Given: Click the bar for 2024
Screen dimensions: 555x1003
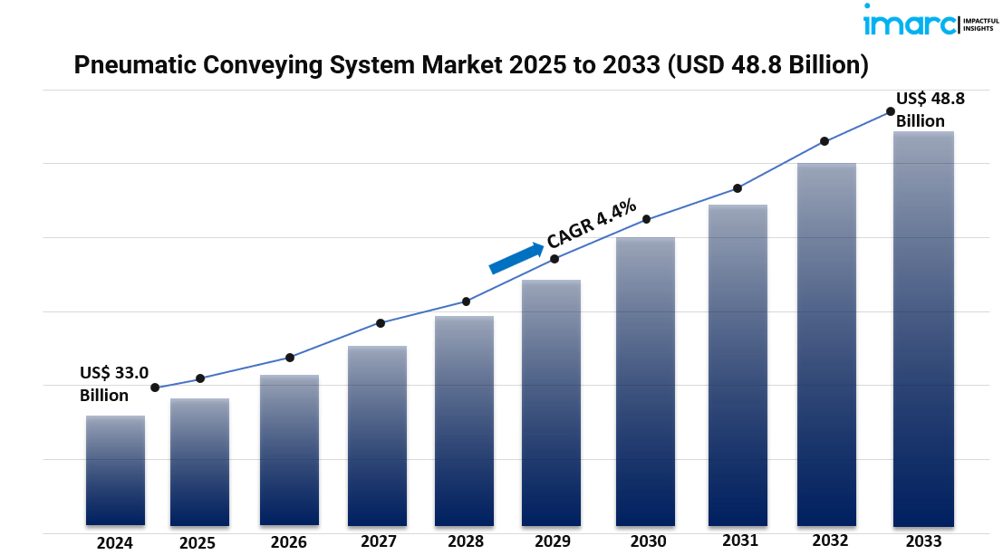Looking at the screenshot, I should click(115, 470).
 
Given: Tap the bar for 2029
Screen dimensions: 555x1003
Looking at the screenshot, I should click(551, 402).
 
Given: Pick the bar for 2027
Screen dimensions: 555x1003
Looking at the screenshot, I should click(377, 435).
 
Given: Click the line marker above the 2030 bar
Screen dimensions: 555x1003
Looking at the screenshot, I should click(646, 219).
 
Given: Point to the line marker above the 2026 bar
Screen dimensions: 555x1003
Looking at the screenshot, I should click(290, 358).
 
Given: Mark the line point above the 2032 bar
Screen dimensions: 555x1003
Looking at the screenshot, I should click(825, 141).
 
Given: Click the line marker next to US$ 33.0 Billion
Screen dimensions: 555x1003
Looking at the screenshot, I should click(155, 388).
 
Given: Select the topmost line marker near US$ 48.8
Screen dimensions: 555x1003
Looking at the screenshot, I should click(891, 111).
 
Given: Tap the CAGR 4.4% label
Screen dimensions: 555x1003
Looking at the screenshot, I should click(592, 224).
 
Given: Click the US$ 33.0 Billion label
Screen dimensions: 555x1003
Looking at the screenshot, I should click(113, 383).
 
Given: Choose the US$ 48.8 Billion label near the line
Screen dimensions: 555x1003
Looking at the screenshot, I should click(930, 110).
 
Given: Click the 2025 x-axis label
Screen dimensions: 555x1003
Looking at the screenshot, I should click(198, 543).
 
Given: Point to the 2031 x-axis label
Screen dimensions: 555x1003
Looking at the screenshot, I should click(740, 541).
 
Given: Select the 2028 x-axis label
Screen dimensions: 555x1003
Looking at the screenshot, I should click(465, 541).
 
